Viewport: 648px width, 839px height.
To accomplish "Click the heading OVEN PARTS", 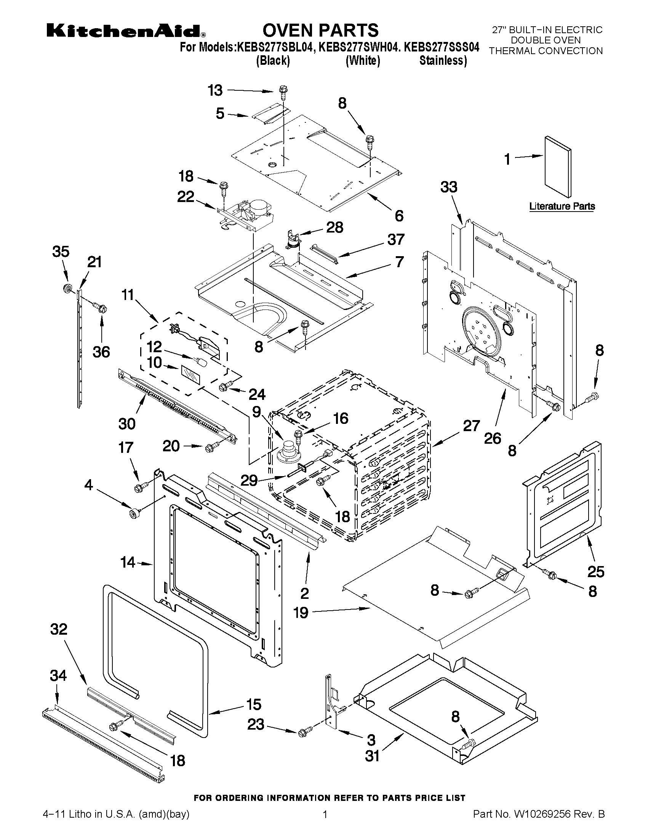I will [320, 30].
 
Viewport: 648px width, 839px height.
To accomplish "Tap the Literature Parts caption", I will [562, 206].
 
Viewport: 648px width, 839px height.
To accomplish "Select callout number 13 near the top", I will [215, 91].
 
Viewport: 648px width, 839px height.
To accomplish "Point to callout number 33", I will [449, 187].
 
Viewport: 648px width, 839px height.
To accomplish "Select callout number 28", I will [334, 228].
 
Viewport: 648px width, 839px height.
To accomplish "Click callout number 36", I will [101, 352].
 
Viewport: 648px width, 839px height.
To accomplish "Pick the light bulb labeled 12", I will [202, 362].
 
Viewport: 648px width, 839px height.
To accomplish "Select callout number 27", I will [471, 426].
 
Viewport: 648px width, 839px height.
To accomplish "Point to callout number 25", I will [596, 572].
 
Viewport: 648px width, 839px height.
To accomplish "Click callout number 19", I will [301, 613].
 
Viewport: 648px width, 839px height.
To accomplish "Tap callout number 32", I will [59, 629].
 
